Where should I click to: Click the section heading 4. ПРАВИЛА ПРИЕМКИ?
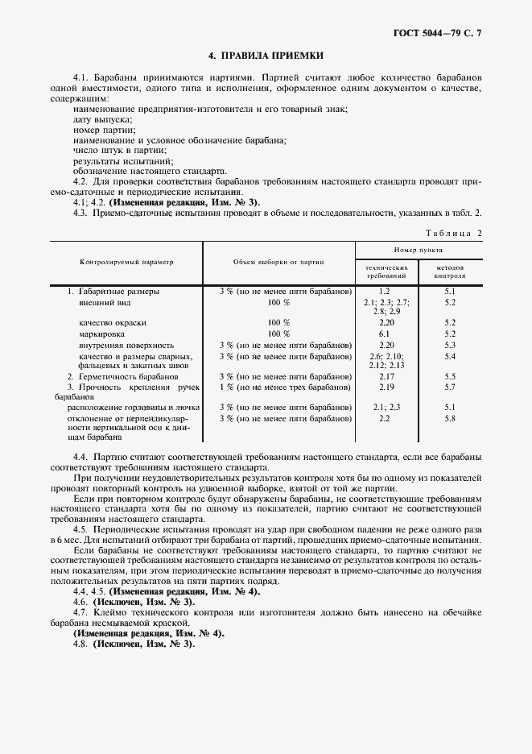266,56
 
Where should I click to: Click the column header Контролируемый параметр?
126,263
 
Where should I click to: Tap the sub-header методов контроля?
450,271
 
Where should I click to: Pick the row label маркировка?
101,333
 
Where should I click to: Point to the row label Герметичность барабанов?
122,376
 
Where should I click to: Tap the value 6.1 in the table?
384,333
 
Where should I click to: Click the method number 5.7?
450,387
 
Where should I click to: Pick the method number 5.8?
450,419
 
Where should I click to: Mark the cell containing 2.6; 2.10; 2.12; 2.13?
386,360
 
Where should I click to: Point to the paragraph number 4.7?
80,613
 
